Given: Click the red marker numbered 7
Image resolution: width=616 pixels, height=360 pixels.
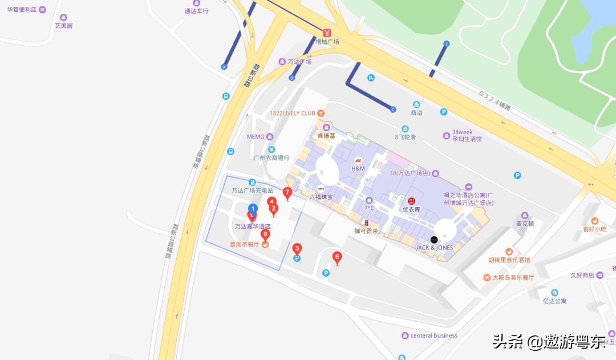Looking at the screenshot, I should coord(287,192).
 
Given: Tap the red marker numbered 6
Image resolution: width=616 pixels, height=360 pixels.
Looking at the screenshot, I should coord(337,257).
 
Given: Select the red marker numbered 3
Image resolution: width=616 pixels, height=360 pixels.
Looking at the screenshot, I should coord(297,249).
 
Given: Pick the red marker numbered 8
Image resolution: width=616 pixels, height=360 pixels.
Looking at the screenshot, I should coord(265,234).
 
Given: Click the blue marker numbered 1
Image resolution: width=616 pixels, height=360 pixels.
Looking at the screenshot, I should coord(253,208).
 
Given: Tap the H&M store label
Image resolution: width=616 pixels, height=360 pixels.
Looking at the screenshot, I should coord(358,168).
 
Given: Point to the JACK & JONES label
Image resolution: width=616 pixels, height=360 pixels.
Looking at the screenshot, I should coord(435,248).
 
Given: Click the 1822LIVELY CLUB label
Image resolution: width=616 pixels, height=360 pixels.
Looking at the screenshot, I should coord(293,113).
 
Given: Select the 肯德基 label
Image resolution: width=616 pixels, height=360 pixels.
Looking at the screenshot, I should coord(327,136).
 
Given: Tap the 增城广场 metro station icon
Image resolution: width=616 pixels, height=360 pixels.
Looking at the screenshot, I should coord(327,33).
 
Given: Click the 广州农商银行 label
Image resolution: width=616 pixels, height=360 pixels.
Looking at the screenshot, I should coord(272,157).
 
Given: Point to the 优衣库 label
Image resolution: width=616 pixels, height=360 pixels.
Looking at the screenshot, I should coord(412,209).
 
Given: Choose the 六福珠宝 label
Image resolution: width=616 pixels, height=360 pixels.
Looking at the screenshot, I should coord(321,196).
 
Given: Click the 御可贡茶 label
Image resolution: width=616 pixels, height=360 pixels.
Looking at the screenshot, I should coord(366,230).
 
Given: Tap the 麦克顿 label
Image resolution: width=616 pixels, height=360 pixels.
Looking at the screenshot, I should coord(525,224).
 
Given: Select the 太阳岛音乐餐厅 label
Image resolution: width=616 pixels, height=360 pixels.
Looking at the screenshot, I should coord(512,277).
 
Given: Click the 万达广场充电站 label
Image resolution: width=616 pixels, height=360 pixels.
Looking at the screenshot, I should coord(253,191).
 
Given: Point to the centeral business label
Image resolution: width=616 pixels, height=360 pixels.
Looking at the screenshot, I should coord(433,335).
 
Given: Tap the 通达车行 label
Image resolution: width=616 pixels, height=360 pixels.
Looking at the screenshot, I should coord(197,11).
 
